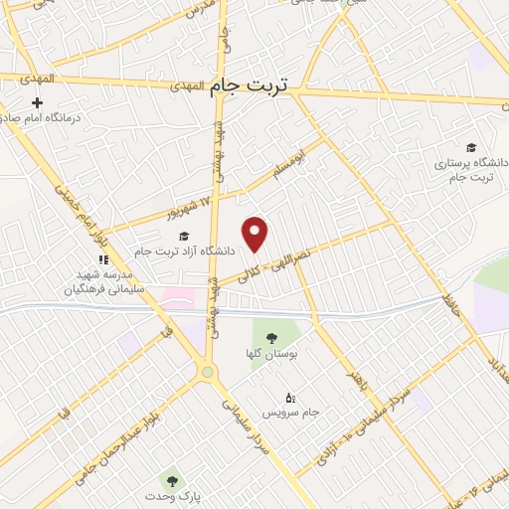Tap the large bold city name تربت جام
point(248,87)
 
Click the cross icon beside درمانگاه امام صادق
point(38,102)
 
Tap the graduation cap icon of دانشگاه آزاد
point(183,237)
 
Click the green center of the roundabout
point(208,373)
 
